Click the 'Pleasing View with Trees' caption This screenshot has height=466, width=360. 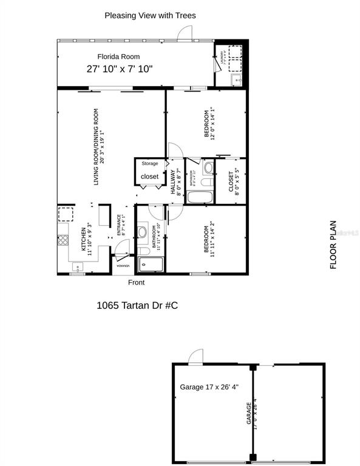pyautogui.click(x=151, y=15)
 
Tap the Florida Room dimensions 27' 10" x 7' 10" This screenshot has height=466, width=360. pyautogui.click(x=120, y=69)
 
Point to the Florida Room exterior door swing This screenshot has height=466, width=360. pyautogui.click(x=180, y=34)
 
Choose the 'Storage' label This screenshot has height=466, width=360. pyautogui.click(x=150, y=164)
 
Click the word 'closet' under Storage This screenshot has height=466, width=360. pyautogui.click(x=149, y=177)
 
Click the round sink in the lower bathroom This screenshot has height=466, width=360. pyautogui.click(x=142, y=231)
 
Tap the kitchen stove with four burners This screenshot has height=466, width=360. pyautogui.click(x=63, y=240)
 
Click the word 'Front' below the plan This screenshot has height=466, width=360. pyautogui.click(x=137, y=283)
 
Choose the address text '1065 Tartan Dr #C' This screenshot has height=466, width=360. pyautogui.click(x=137, y=306)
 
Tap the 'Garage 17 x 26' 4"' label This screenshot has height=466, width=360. pyautogui.click(x=210, y=387)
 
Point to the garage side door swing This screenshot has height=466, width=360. pyautogui.click(x=195, y=357)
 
